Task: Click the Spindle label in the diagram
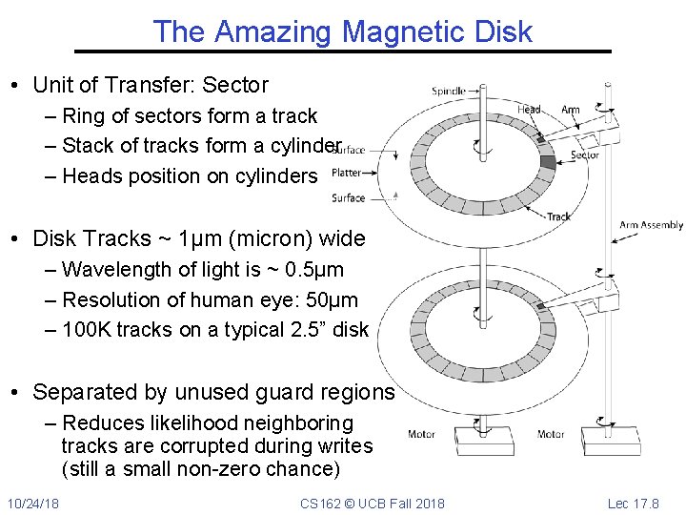pyautogui.click(x=449, y=92)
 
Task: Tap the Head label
pyautogui.click(x=529, y=110)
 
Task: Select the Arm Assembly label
pyautogui.click(x=652, y=225)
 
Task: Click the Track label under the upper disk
pyautogui.click(x=559, y=216)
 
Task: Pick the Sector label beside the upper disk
pyautogui.click(x=584, y=155)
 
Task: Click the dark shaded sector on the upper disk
pyautogui.click(x=547, y=162)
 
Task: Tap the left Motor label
pyautogui.click(x=421, y=435)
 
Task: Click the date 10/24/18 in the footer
pyautogui.click(x=32, y=503)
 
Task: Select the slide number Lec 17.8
pyautogui.click(x=646, y=503)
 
